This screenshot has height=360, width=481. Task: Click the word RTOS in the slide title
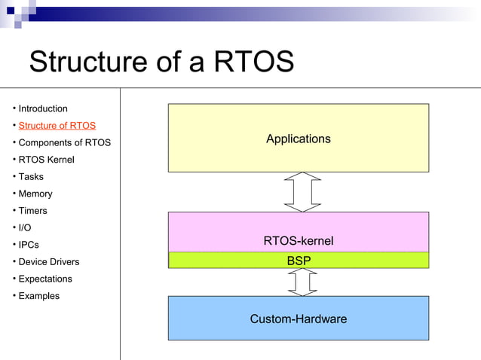click(x=253, y=62)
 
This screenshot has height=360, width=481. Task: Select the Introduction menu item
click(x=43, y=108)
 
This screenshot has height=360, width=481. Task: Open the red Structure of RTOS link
click(x=57, y=126)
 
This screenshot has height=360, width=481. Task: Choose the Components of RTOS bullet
click(x=64, y=142)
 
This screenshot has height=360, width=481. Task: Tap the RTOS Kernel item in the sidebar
click(x=46, y=160)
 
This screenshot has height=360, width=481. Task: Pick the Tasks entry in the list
click(x=31, y=177)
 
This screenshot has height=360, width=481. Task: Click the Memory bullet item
click(x=35, y=194)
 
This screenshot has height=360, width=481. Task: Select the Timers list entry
click(x=32, y=211)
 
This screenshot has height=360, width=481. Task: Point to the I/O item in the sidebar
click(x=25, y=227)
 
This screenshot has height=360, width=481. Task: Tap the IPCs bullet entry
click(x=29, y=245)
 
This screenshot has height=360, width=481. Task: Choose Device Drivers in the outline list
click(x=48, y=262)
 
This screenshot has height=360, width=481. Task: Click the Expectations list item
click(x=45, y=279)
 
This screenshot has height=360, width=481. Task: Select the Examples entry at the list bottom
click(x=38, y=296)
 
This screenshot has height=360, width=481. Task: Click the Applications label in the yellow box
click(x=298, y=139)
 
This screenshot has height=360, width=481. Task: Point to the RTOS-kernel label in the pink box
click(x=298, y=241)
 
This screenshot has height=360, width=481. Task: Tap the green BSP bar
click(x=298, y=261)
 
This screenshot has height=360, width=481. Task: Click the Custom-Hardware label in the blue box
click(x=298, y=319)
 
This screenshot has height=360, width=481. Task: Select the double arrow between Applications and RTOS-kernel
click(x=302, y=192)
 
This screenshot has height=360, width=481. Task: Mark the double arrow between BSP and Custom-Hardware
click(x=302, y=282)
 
